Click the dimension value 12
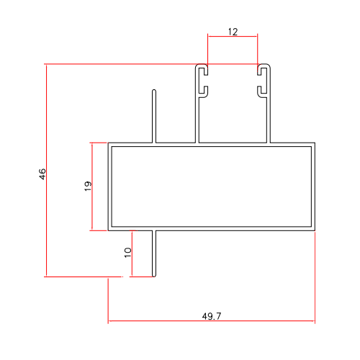point(232,32)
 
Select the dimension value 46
point(42,174)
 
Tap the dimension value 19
point(88,186)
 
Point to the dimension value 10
point(127,252)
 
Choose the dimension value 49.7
point(212,315)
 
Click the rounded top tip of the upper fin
point(154,91)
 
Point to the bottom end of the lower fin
point(154,276)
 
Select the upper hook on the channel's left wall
point(203,71)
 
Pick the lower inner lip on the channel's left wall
point(204,91)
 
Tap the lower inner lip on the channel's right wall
point(261,91)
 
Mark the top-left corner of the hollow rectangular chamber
point(109,143)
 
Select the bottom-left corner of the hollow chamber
point(109,230)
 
